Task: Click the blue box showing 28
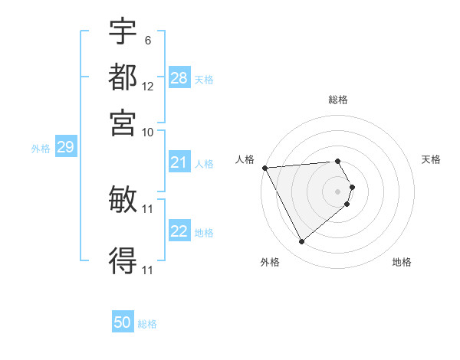(179, 78)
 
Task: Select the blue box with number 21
(179, 162)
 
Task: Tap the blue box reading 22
(179, 231)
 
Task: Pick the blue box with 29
(65, 147)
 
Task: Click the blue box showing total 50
(123, 322)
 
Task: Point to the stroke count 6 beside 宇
(147, 40)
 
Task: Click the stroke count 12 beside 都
(148, 86)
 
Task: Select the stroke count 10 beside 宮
(148, 132)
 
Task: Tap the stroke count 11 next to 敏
(148, 208)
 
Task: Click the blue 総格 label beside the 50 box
(147, 324)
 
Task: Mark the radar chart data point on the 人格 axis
(264, 168)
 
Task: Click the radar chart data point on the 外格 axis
(301, 242)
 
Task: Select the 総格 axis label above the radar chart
(338, 100)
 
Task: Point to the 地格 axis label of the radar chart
(402, 262)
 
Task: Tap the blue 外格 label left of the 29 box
(40, 149)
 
